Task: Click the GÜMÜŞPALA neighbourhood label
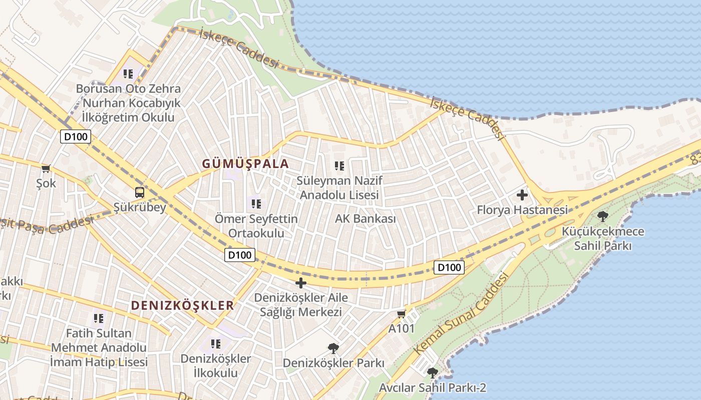tap(245, 163)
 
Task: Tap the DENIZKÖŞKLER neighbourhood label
tap(182, 305)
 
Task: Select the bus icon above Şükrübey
tap(139, 192)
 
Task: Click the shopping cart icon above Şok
tap(46, 169)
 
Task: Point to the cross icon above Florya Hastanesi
tap(522, 194)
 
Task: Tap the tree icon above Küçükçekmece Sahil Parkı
tap(603, 216)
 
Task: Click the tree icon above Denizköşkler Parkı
tap(333, 348)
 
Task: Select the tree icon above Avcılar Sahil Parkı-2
tap(432, 372)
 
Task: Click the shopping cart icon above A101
tap(401, 314)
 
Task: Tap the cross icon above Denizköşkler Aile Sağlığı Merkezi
tap(300, 283)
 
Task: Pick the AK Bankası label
tap(365, 218)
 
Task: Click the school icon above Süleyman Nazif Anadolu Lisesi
tap(339, 165)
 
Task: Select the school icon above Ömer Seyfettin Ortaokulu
tap(256, 203)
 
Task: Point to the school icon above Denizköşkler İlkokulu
tap(216, 343)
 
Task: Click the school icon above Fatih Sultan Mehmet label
tap(99, 317)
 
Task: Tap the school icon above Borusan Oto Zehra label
tap(128, 74)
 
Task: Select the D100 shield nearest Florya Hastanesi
tap(449, 267)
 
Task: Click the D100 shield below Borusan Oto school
tap(76, 136)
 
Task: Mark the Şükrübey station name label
tap(139, 207)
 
